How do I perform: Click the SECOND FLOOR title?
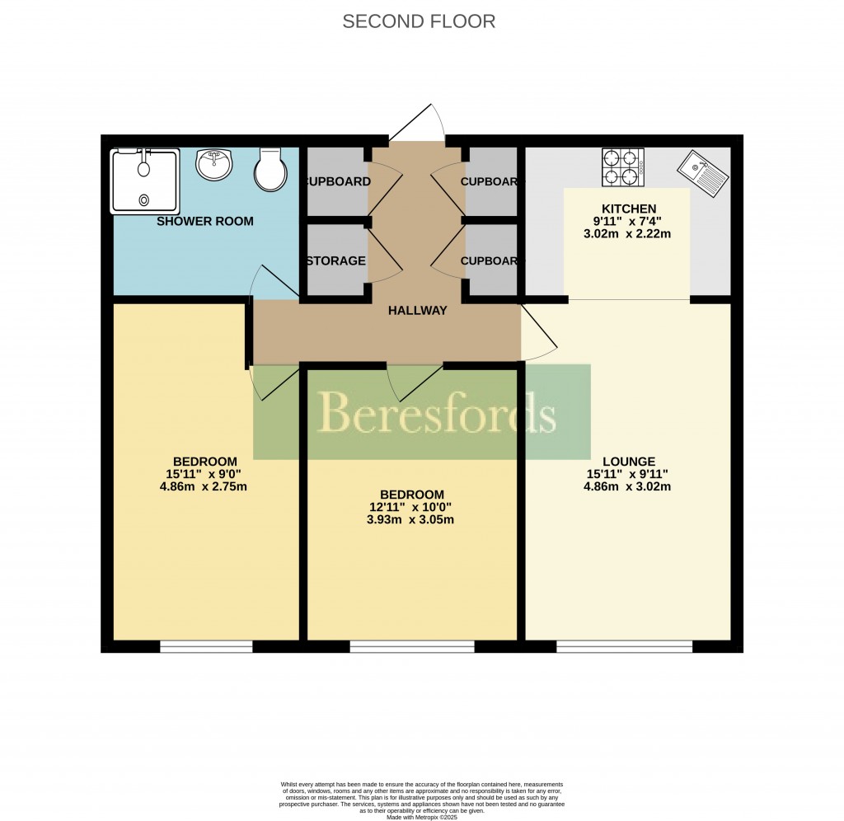(419, 21)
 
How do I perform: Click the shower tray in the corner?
(145, 180)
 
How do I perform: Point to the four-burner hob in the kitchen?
(623, 167)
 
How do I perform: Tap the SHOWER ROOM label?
(205, 222)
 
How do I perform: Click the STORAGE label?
(335, 261)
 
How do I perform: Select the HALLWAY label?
(418, 311)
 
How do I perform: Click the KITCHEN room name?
(629, 209)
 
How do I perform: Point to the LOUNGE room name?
(629, 462)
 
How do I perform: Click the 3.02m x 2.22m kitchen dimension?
(627, 234)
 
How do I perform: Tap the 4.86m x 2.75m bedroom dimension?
(205, 486)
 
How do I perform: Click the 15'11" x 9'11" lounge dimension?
(627, 474)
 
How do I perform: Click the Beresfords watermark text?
(436, 412)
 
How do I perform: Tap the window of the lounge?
(624, 647)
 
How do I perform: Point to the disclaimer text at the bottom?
(421, 796)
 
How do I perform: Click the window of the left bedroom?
(206, 647)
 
